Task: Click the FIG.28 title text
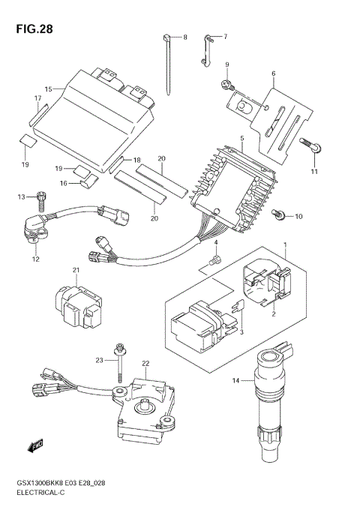point(34,29)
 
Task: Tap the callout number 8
point(185,37)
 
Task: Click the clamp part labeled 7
point(205,50)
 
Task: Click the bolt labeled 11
point(310,145)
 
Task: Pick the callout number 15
point(49,88)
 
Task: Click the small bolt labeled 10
point(278,214)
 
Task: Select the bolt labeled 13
point(41,201)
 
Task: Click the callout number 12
point(36,259)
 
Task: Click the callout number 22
point(145,363)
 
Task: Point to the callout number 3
point(241,332)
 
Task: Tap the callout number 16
point(64,184)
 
